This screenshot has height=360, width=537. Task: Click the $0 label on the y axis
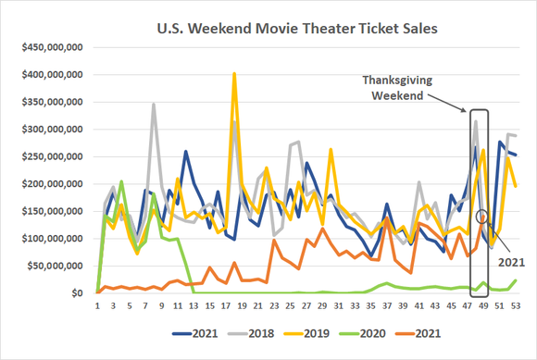click(77, 293)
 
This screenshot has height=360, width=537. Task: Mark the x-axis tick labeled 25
click(291, 304)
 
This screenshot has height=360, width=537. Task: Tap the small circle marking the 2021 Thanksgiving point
click(481, 217)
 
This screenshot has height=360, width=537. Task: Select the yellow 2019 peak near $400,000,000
click(234, 73)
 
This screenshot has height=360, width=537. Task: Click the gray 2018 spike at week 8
click(154, 104)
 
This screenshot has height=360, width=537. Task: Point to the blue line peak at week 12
click(186, 151)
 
